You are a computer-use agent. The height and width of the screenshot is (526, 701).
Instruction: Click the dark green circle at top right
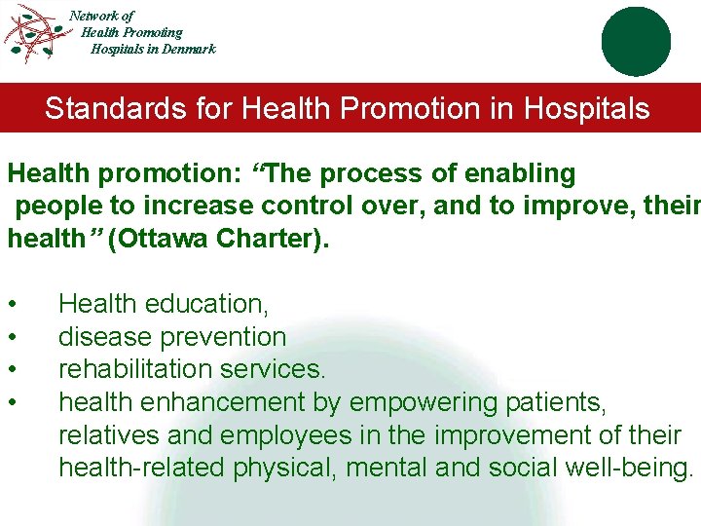636,41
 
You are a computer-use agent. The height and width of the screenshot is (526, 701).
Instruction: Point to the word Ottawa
164,240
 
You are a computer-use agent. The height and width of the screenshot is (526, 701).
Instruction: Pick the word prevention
226,338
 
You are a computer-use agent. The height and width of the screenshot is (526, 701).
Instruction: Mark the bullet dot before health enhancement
11,403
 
